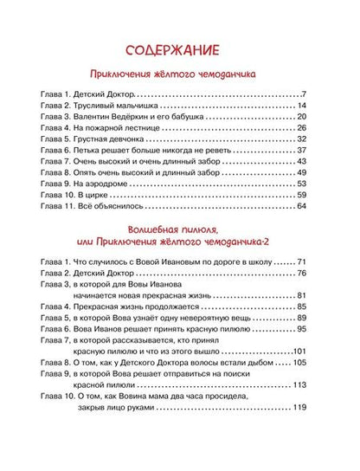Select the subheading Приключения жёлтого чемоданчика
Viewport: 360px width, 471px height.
179,74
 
